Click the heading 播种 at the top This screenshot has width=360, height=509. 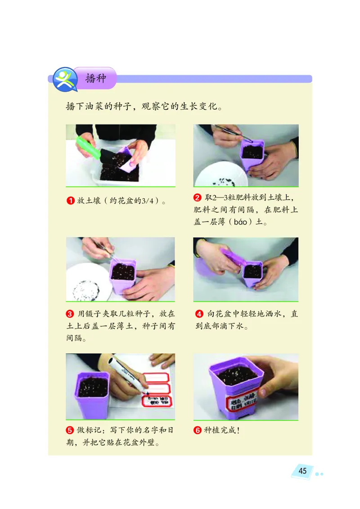pyautogui.click(x=95, y=78)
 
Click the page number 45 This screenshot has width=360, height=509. pyautogui.click(x=302, y=471)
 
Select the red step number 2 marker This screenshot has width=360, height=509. pyautogui.click(x=198, y=198)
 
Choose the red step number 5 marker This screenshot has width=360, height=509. pyautogui.click(x=70, y=430)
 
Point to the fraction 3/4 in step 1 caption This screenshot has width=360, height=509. pyautogui.click(x=148, y=201)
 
